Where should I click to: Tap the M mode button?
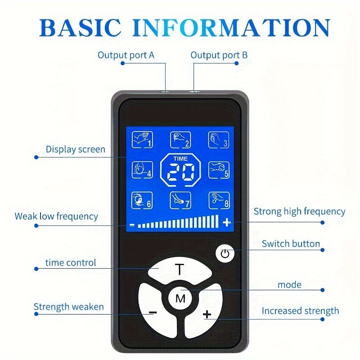(x=180, y=298)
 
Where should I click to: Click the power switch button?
(x=225, y=254)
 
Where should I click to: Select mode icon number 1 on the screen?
(x=142, y=139)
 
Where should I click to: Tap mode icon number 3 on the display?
(x=219, y=139)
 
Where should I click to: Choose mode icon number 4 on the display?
(x=142, y=170)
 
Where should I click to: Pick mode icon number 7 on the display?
(x=180, y=200)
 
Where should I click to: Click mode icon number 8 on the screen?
(x=219, y=200)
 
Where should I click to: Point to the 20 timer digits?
(x=181, y=172)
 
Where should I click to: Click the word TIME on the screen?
(x=180, y=158)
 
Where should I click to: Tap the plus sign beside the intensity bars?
(x=227, y=222)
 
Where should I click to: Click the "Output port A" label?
(x=126, y=55)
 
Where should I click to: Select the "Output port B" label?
(x=219, y=55)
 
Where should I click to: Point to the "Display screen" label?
(x=76, y=149)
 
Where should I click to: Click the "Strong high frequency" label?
(x=299, y=211)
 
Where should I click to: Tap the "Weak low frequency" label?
(x=56, y=216)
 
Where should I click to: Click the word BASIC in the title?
(x=81, y=27)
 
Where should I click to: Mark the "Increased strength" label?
(x=300, y=311)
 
